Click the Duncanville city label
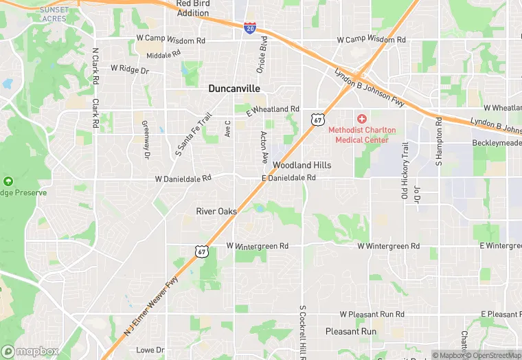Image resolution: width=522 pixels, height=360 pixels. click(x=234, y=89)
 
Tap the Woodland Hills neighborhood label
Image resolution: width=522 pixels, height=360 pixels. click(x=302, y=166)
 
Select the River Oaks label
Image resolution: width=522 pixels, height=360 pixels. click(x=216, y=211)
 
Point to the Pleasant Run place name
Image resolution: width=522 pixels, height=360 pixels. click(x=351, y=331)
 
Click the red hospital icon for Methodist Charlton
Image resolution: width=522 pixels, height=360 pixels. click(x=362, y=120)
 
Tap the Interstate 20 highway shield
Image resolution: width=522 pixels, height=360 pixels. click(x=251, y=27)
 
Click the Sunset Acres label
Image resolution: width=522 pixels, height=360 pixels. click(x=54, y=14)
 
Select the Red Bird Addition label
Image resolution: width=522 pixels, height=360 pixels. click(x=192, y=8)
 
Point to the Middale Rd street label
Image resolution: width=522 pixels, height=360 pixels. click(x=163, y=54)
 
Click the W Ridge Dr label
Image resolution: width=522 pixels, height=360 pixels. click(x=130, y=69)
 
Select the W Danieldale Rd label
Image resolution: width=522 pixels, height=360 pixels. click(x=183, y=178)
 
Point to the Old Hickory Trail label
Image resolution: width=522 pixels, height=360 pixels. click(x=405, y=170)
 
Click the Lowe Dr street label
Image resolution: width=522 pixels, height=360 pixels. click(x=150, y=350)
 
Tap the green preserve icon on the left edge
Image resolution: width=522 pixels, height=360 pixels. click(x=8, y=181)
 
